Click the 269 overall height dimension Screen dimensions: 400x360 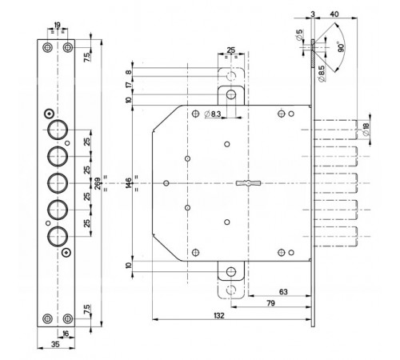tap(98, 183)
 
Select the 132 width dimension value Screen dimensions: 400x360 tap(219, 315)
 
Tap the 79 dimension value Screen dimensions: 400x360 tap(270, 303)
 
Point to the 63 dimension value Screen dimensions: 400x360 tap(283, 292)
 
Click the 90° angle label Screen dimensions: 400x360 tap(341, 47)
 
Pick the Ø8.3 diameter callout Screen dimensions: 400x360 tap(213, 114)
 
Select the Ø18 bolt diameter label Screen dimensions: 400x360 tap(366, 130)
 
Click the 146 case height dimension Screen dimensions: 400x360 tap(128, 183)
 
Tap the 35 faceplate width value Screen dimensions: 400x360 tap(55, 344)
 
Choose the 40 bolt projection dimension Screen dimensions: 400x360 tap(334, 14)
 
